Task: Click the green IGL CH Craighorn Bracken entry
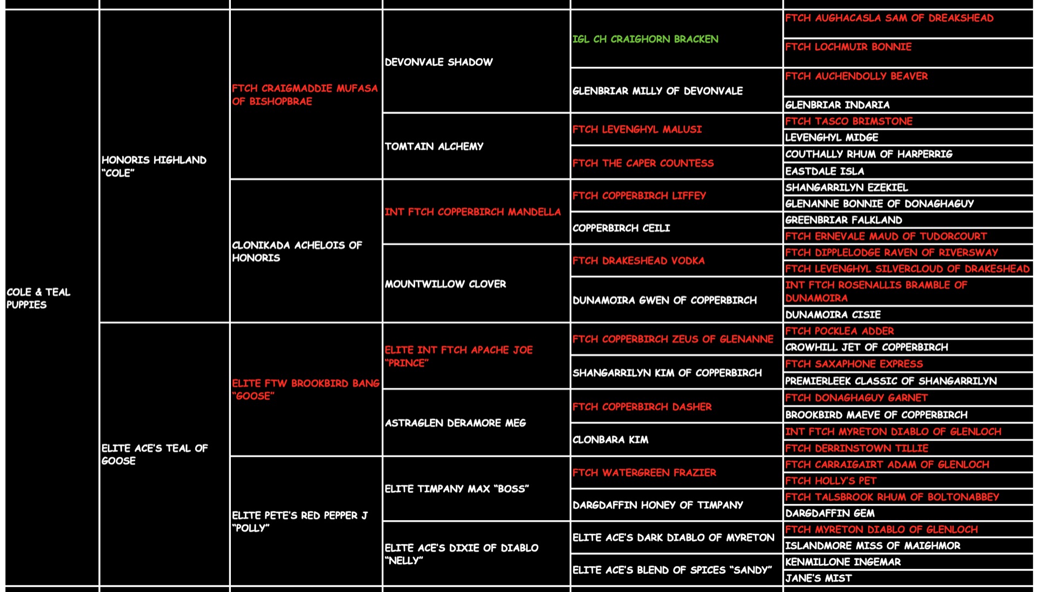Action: click(645, 39)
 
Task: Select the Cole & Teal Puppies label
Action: click(38, 298)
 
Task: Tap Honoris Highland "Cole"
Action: click(154, 166)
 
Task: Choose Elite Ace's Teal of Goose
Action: click(154, 454)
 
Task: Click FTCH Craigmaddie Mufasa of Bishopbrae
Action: click(304, 95)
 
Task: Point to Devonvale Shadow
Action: click(438, 62)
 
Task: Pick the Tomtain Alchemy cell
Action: click(434, 146)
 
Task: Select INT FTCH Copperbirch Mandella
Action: click(472, 212)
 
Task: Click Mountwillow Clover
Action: click(445, 284)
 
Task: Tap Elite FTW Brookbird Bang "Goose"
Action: click(305, 389)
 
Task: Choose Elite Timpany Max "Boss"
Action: click(456, 489)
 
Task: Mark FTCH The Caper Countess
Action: click(643, 163)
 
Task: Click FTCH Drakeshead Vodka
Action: click(638, 261)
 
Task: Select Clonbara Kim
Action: click(610, 440)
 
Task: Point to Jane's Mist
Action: click(818, 578)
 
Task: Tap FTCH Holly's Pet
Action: click(830, 481)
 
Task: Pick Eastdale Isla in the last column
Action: click(824, 171)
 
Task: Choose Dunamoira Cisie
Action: click(833, 314)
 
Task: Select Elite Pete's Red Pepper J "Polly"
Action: click(300, 522)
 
